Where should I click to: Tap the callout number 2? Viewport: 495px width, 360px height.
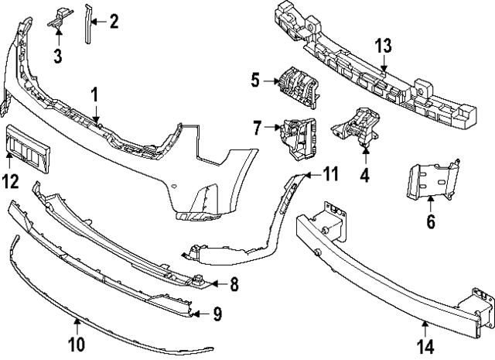coord(114,21)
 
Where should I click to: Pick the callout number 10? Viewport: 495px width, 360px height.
coord(78,341)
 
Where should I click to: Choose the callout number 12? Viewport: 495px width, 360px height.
coord(9,182)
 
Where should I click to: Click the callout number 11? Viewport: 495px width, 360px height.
coord(331,173)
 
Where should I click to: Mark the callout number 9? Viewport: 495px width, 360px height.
coord(217,314)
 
